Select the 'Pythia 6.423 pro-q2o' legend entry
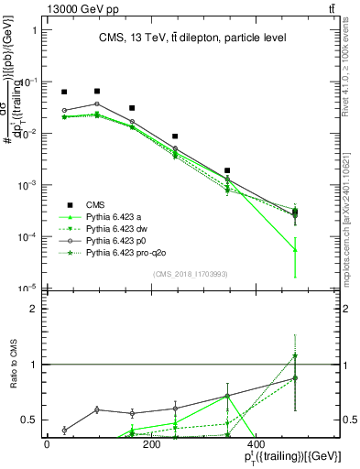click(x=125, y=251)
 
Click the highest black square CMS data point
click(x=97, y=91)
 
